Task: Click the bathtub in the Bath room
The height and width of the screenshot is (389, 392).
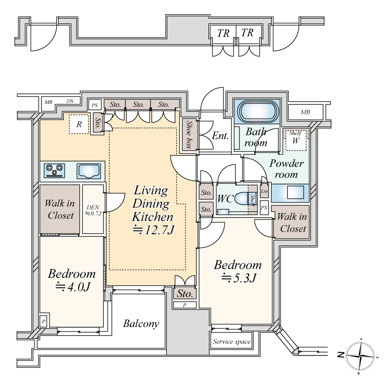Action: [258, 112]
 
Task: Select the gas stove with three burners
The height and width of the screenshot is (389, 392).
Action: [55, 170]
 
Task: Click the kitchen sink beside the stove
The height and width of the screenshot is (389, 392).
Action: [89, 171]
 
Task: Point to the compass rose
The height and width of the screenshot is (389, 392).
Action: [360, 356]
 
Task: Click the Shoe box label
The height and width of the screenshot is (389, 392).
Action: [189, 135]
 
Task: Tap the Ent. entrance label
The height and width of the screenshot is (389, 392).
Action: [220, 136]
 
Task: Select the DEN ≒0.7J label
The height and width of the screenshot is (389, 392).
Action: [93, 210]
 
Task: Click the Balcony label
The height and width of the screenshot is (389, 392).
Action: [141, 323]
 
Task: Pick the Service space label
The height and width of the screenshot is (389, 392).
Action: [231, 342]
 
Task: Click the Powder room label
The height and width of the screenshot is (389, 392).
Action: [286, 169]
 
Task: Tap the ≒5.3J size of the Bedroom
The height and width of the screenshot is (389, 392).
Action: [239, 278]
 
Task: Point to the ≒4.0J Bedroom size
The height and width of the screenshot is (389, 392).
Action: [73, 287]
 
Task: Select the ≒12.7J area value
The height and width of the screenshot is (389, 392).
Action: [153, 230]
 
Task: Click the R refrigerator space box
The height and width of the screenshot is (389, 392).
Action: [79, 124]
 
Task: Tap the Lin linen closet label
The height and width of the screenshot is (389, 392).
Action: [264, 192]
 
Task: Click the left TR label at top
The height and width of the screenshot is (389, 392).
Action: [223, 33]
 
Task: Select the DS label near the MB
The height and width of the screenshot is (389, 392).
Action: [70, 101]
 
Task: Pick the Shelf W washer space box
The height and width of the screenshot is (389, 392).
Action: [296, 140]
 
